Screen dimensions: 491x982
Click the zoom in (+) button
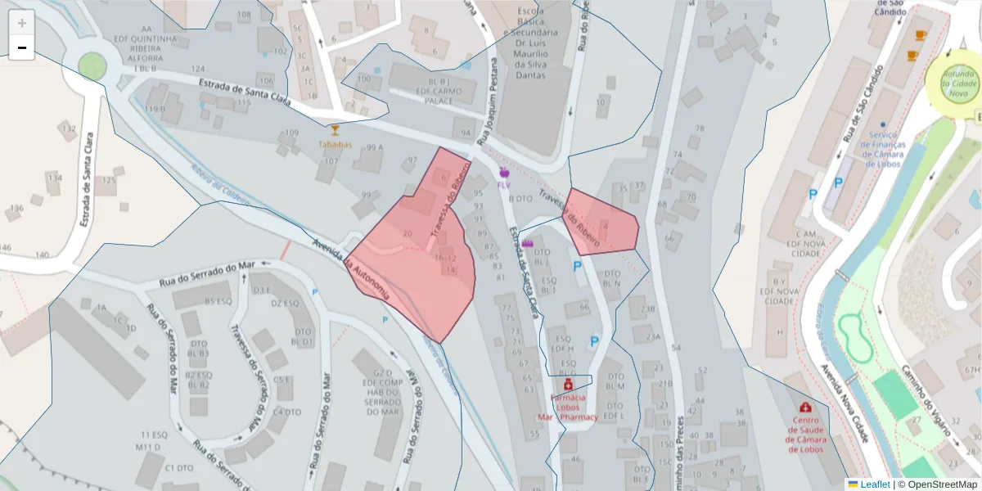(22, 23)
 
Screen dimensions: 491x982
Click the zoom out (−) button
(22, 48)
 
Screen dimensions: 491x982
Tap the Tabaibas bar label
(336, 145)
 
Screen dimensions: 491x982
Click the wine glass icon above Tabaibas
(335, 130)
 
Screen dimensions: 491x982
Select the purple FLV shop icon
(503, 173)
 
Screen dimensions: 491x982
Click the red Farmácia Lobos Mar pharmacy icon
(568, 383)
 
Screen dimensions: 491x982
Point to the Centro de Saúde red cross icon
(806, 407)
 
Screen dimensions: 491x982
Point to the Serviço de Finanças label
(884, 149)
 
